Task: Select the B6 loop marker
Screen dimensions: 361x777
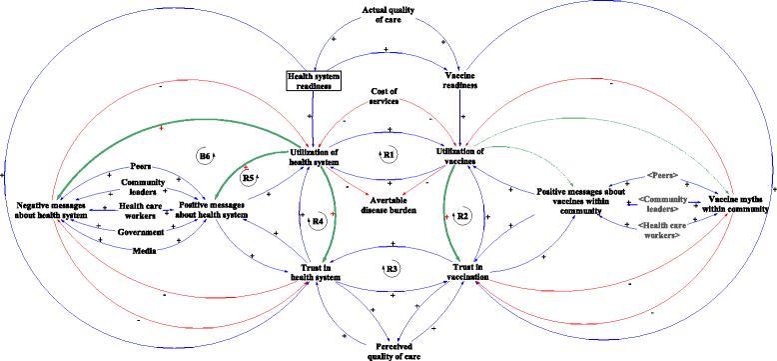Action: pos(204,155)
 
